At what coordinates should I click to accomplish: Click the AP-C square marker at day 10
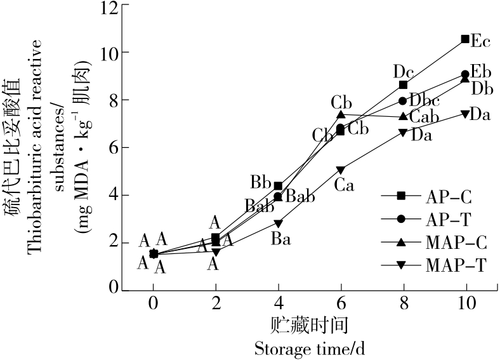465,39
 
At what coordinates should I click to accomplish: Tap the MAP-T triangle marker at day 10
465,114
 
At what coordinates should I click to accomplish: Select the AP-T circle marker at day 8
403,100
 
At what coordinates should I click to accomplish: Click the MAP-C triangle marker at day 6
341,115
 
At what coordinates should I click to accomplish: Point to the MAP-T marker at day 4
278,223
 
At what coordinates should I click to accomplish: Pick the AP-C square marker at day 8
403,84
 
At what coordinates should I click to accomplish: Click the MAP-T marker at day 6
341,170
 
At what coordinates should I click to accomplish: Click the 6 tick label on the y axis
114,147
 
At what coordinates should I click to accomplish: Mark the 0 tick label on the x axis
153,303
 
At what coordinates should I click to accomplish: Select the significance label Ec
480,43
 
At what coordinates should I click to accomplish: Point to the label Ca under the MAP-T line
344,185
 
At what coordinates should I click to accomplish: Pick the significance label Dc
404,70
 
